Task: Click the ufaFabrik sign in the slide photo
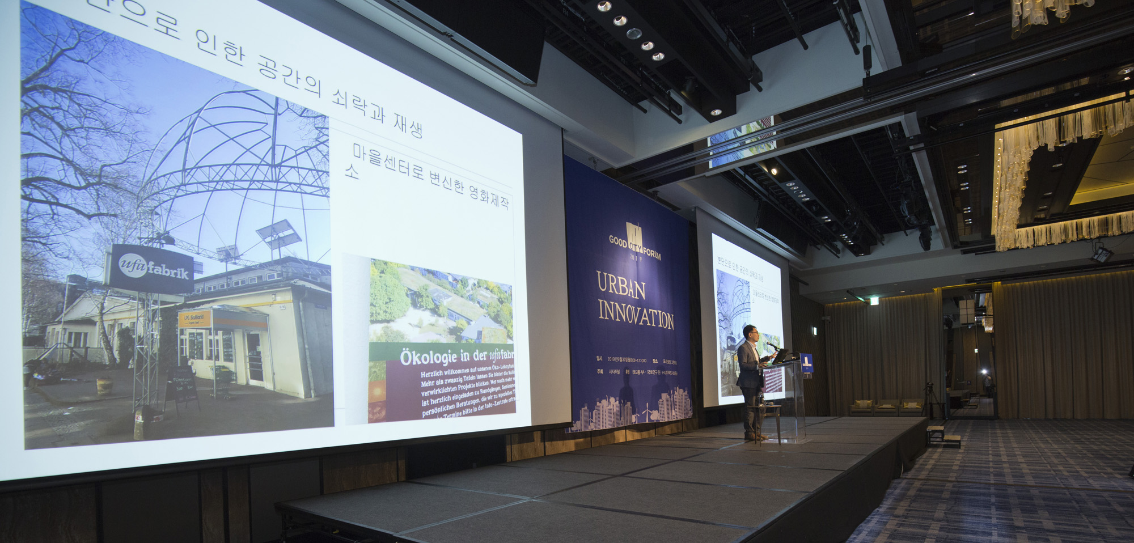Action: tap(153, 267)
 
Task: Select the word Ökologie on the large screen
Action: tap(428, 357)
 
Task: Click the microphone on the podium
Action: tap(772, 345)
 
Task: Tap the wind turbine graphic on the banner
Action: tap(646, 414)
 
